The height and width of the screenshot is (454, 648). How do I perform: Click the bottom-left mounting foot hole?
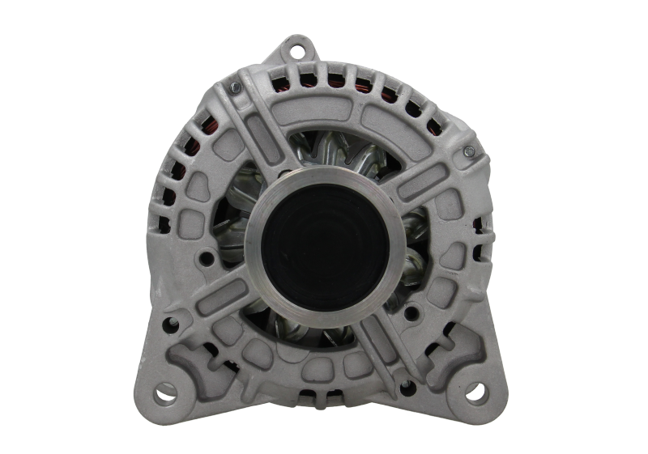click(164, 393)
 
